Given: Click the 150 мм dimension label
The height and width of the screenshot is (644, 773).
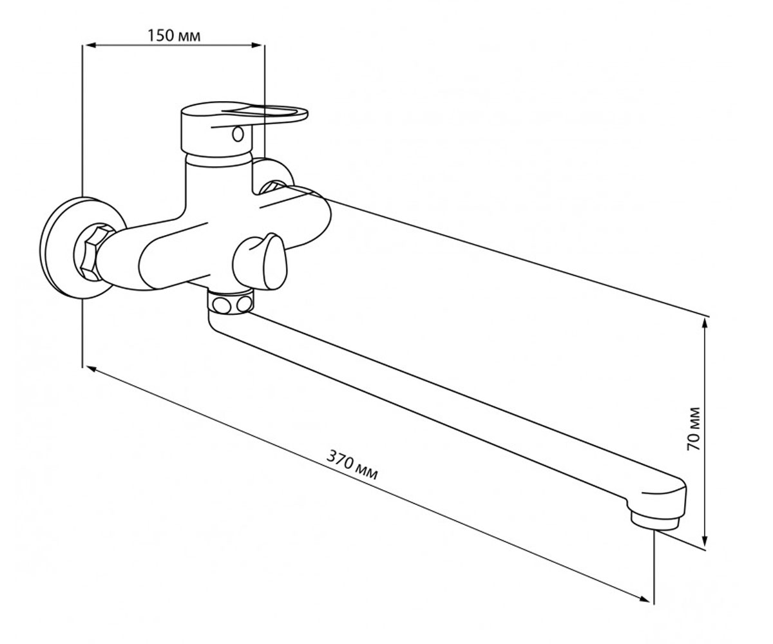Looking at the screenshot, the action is click(x=174, y=36).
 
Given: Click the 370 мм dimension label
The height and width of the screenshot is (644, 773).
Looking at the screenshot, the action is click(x=352, y=464).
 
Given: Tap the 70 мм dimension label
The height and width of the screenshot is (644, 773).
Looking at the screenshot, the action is click(x=693, y=429).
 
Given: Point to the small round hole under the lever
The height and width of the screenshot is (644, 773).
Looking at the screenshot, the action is click(x=238, y=133).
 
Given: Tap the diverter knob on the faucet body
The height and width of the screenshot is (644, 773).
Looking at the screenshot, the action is click(x=260, y=261).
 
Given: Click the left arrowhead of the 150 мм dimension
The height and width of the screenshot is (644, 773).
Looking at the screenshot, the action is click(x=91, y=45).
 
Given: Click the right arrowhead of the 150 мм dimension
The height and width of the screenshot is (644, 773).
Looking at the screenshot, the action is click(x=256, y=45).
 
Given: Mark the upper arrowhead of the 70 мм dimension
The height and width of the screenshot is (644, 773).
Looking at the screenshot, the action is click(x=705, y=325).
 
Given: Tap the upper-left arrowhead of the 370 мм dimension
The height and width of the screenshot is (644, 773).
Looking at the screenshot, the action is click(x=92, y=369).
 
